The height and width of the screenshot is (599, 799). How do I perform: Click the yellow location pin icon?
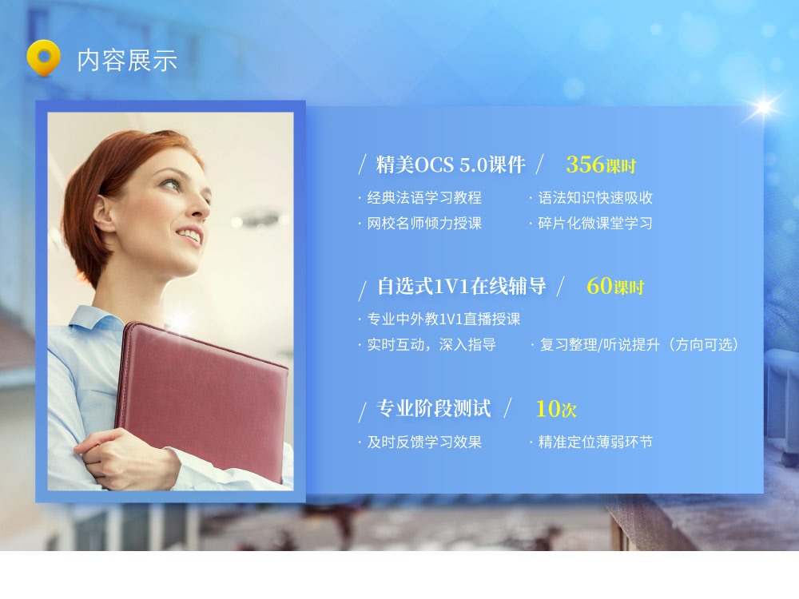pos(43,58)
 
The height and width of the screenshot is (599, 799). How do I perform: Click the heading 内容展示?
pos(127,61)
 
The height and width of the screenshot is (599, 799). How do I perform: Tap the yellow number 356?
pos(585,165)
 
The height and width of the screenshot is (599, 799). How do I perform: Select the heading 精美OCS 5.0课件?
pos(451,165)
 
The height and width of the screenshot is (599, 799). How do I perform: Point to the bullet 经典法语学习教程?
pos(424,197)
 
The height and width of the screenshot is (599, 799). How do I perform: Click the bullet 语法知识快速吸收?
pos(595,197)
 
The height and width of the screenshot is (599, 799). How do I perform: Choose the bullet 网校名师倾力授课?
pos(424,223)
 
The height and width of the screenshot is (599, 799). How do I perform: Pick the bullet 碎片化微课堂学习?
pos(595,223)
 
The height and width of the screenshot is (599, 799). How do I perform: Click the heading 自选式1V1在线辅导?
pos(462,286)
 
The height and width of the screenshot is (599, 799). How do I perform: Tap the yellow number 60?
pos(599,286)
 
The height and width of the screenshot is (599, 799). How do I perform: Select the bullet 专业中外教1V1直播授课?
pos(443,319)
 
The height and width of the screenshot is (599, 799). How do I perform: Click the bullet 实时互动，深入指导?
pos(431,345)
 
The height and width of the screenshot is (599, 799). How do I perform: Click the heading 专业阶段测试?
pos(434,408)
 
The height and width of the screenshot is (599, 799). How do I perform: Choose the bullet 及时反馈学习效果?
pos(424,442)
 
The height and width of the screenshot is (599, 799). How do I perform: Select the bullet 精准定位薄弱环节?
pos(595,442)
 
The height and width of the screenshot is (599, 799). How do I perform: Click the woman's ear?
pos(103,213)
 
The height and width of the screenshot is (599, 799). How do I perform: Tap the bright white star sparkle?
pos(764,107)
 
